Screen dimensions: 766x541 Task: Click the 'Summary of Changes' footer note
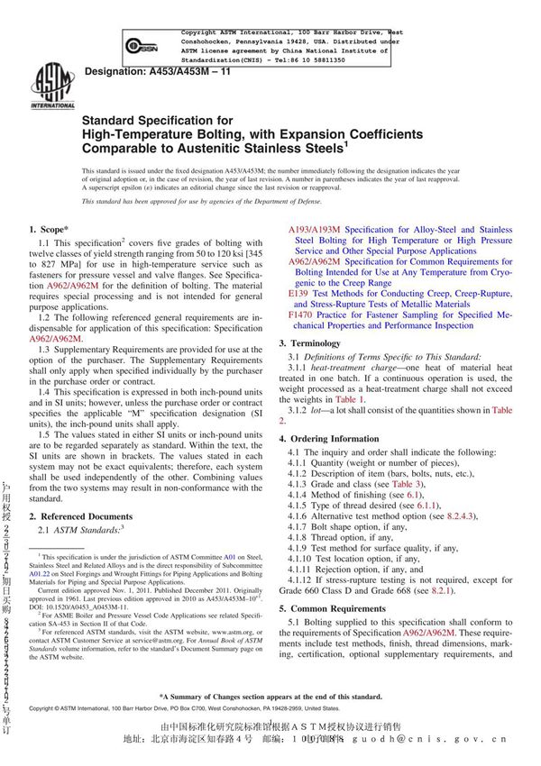270,697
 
